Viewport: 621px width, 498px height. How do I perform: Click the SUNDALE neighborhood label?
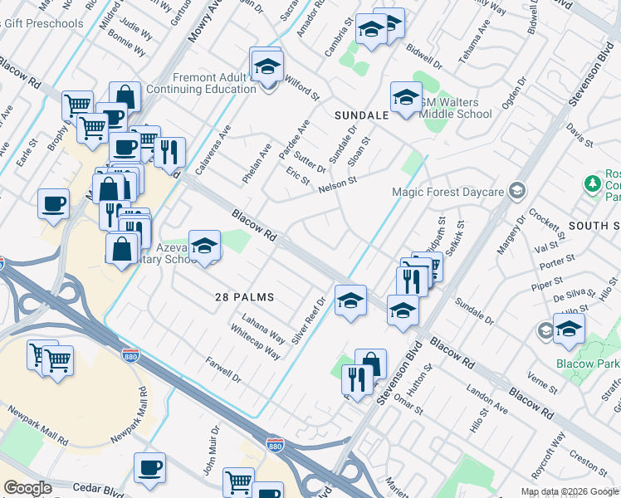(361, 115)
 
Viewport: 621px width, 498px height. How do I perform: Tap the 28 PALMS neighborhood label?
(244, 296)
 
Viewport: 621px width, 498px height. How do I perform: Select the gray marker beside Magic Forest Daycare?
(518, 193)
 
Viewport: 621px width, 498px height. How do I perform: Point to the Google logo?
(27, 488)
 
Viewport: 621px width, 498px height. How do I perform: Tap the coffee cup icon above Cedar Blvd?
(149, 468)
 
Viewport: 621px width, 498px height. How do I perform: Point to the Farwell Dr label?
(224, 371)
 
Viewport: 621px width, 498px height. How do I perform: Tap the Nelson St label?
(337, 184)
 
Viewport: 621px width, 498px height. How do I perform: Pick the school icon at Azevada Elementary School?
(204, 246)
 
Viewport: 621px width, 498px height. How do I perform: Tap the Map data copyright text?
(570, 491)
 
